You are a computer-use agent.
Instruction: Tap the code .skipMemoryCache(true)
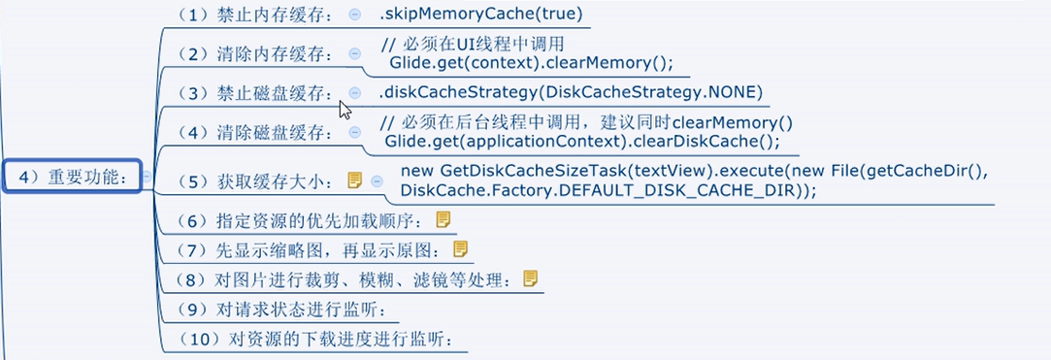(481, 15)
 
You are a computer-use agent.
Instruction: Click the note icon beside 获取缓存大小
(355, 180)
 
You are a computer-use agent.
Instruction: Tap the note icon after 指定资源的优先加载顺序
(443, 219)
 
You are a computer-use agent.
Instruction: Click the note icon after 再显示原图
(460, 249)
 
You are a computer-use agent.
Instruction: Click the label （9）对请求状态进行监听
(274, 311)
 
